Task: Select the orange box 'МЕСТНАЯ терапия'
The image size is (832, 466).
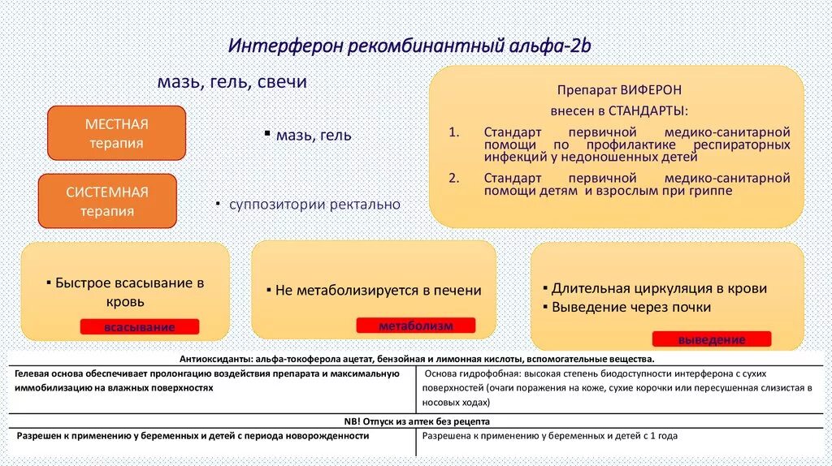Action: (116, 133)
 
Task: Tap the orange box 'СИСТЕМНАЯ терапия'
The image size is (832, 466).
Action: (107, 201)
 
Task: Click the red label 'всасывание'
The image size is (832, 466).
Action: (139, 327)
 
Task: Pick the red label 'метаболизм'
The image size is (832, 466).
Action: (415, 326)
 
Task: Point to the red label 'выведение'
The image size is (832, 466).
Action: (711, 339)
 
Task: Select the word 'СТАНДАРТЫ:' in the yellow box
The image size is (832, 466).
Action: (648, 110)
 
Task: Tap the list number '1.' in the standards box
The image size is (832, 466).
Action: (453, 132)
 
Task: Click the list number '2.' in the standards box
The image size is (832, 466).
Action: (453, 177)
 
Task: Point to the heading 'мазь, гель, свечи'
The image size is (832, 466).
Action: (232, 83)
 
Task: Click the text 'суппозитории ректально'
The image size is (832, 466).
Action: (314, 204)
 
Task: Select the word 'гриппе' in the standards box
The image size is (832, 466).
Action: (712, 191)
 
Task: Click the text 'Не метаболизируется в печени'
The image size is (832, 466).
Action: (378, 290)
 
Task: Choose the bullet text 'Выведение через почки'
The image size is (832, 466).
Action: (631, 307)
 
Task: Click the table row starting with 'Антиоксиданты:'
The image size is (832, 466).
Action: (415, 359)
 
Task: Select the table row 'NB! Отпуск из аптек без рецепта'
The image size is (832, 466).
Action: (415, 421)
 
